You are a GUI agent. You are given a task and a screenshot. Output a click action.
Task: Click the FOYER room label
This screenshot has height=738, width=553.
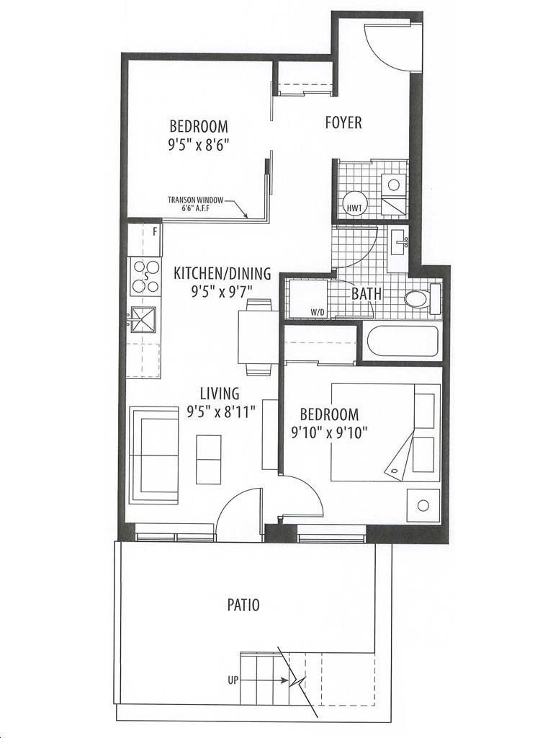click(x=343, y=123)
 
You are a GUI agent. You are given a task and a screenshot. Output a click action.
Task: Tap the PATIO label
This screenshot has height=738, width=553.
click(x=243, y=605)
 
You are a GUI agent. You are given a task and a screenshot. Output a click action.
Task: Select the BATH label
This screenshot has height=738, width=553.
click(x=367, y=294)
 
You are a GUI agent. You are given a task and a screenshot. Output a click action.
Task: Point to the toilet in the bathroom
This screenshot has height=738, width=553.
click(x=423, y=299)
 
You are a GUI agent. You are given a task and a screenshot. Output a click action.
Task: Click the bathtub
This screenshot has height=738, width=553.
click(x=403, y=340)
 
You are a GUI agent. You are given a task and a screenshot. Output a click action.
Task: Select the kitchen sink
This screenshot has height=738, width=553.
click(x=143, y=319)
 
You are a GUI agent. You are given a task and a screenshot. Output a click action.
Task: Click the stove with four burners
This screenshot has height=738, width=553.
click(x=145, y=276)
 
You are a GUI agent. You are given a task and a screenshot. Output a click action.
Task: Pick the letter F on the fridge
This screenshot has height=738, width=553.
click(x=155, y=231)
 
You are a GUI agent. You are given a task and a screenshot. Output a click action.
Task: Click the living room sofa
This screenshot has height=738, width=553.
click(x=154, y=455)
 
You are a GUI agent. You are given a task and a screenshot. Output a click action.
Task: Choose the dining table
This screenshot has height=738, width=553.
click(x=256, y=337)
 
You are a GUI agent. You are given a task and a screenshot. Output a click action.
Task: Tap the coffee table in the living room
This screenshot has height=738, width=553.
click(x=208, y=454)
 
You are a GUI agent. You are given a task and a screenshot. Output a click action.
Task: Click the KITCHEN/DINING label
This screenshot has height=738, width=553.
click(x=222, y=273)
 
